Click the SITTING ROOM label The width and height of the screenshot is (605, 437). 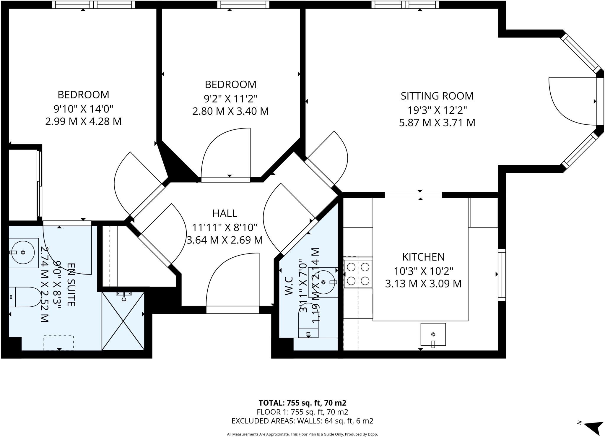pos(437,96)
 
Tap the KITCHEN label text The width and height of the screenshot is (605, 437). pos(423,257)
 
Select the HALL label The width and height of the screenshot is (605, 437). pos(225,213)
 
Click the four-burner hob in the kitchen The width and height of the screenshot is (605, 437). pos(358,274)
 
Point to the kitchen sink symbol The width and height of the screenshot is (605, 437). pos(433,334)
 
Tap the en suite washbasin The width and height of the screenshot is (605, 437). pos(23,252)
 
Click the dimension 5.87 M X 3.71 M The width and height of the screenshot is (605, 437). pos(437,123)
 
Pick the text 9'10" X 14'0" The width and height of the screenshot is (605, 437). pos(83,109)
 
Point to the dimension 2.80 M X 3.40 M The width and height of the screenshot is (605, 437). pos(230,111)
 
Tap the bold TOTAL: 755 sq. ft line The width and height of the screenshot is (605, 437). pos(302,403)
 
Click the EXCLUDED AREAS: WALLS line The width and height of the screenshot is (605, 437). pos(302,421)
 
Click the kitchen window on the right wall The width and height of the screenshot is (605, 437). pos(502,275)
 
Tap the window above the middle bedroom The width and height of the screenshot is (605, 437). pos(243,5)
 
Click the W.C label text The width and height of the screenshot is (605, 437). pos(289,286)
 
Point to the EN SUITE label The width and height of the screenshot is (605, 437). pos(71,285)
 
